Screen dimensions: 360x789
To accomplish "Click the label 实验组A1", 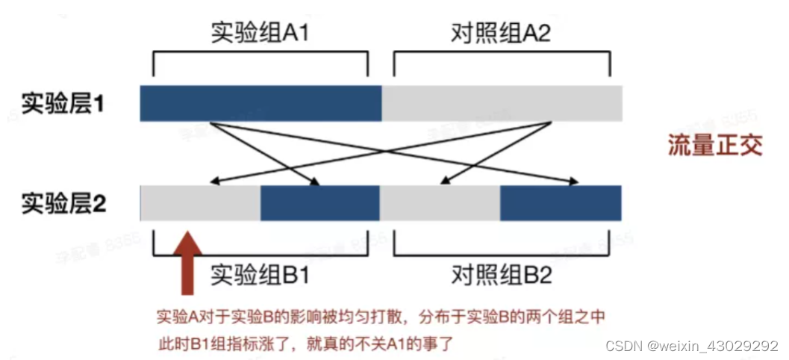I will coord(260,33).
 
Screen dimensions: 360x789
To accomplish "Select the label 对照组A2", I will coord(502,33).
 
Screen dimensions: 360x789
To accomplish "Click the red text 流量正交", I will coord(714,144).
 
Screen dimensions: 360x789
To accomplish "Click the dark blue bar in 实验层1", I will coord(261,103).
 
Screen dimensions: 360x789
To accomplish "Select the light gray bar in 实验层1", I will coord(502,103).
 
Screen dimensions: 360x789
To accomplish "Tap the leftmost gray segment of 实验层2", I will coord(200,203).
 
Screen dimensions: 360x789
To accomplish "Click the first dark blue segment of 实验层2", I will coord(320,203).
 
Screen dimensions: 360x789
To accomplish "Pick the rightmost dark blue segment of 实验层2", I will coord(561,203).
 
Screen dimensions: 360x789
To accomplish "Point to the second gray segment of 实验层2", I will coord(440,203).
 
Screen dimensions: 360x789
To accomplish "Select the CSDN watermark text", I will coord(691,346).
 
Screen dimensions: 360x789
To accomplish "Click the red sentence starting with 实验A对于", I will coord(380,317).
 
